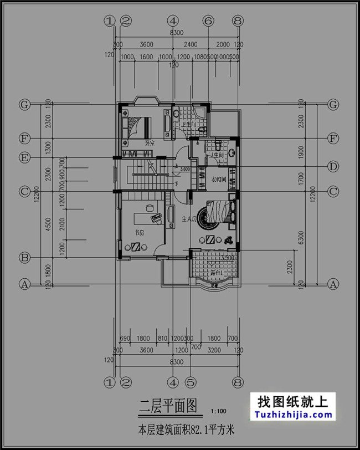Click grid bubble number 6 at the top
208,21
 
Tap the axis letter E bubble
24,157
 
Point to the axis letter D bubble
333,166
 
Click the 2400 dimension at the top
190,44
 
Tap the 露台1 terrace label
215,274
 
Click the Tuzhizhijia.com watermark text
293,415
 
